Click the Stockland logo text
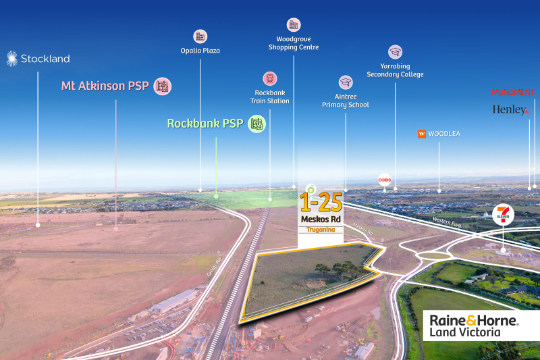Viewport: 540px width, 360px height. (x=45, y=59)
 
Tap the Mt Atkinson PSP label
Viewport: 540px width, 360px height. (x=105, y=86)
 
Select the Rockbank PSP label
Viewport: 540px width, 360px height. (x=205, y=124)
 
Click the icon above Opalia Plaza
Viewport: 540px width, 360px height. (x=200, y=35)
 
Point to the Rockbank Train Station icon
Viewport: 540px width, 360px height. (x=271, y=79)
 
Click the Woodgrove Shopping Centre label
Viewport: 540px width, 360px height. (x=293, y=44)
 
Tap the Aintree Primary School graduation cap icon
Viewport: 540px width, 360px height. (x=346, y=82)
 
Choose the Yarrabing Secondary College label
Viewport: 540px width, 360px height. (x=395, y=70)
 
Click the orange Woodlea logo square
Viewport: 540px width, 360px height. (x=422, y=134)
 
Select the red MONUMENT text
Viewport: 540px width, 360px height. (x=513, y=93)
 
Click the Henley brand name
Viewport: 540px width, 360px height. (x=510, y=109)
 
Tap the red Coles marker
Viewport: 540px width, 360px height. (x=385, y=180)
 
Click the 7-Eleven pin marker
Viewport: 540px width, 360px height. (x=504, y=215)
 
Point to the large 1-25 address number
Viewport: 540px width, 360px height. (x=321, y=202)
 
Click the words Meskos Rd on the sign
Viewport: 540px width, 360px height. (x=321, y=219)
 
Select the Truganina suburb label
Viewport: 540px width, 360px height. (x=321, y=230)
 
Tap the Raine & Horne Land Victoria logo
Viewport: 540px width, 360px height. (x=470, y=325)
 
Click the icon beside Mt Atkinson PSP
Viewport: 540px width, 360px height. (x=162, y=86)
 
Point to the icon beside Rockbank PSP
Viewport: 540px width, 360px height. (x=256, y=124)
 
